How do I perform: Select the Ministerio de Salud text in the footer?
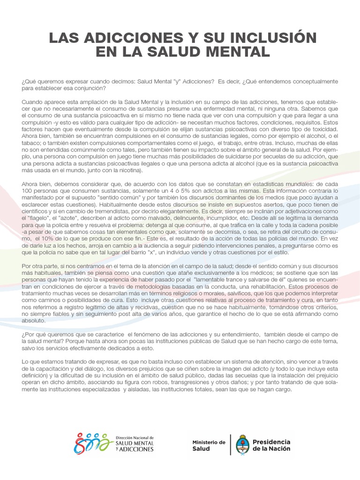click(x=209, y=445)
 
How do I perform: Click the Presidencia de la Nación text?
click(x=271, y=445)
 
